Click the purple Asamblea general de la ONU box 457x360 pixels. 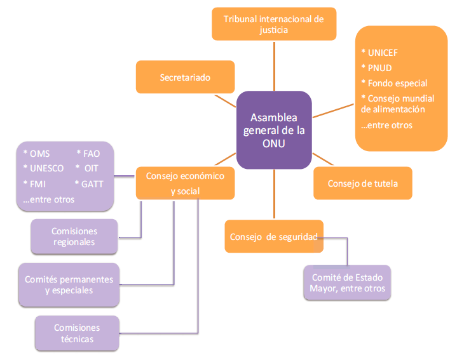273,130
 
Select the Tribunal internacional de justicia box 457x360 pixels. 273,24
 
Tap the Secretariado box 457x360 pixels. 185,77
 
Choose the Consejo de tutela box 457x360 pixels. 362,183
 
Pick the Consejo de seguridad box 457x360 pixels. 274,237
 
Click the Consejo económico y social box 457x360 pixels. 185,183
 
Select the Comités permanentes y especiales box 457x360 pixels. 69,284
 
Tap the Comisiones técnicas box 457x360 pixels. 77,333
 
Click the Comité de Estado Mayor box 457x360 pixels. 348,283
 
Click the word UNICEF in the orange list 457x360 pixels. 382,53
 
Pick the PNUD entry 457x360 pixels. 379,68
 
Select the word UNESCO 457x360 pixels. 46,168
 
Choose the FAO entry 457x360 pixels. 90,153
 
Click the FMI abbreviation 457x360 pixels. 38,184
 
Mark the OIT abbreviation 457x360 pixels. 90,168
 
